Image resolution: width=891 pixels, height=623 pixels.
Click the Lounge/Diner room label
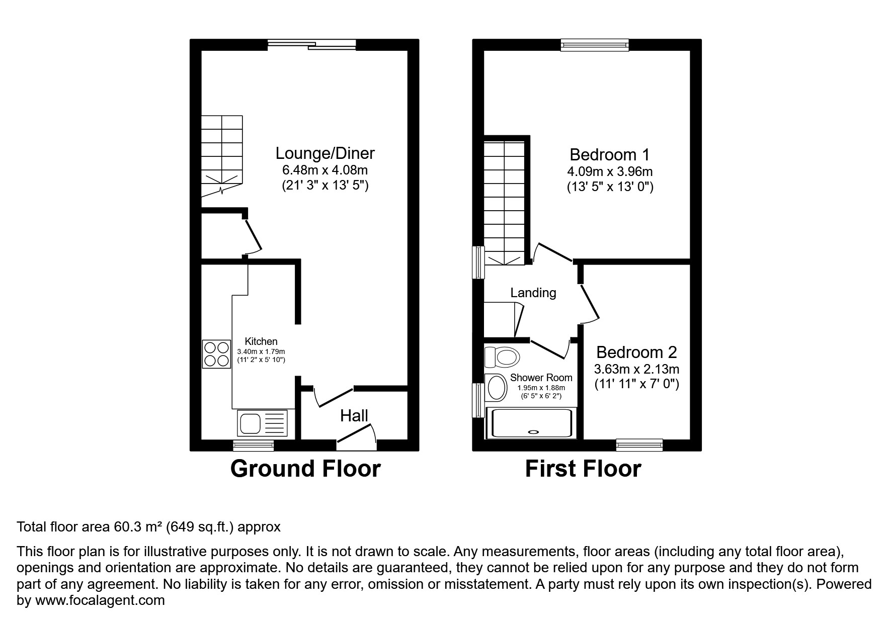click(x=325, y=153)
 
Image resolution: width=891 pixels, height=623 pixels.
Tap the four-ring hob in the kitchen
click(x=216, y=354)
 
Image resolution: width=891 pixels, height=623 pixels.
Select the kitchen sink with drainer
click(x=263, y=423)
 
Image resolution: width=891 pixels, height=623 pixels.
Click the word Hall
click(x=354, y=416)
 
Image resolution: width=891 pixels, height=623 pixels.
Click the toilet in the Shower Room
click(x=502, y=358)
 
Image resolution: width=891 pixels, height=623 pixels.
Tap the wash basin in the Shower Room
click(x=496, y=387)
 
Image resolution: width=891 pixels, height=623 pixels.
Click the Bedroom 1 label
click(x=609, y=154)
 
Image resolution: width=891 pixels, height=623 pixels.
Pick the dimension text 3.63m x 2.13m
click(x=636, y=369)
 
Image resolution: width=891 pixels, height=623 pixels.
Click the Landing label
click(x=533, y=293)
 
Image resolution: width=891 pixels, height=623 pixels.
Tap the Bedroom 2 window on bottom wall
click(x=639, y=444)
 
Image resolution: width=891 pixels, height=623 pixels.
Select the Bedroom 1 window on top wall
click(x=595, y=45)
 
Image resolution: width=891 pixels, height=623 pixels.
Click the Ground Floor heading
click(x=305, y=469)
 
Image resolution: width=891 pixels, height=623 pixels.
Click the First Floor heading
click(x=583, y=469)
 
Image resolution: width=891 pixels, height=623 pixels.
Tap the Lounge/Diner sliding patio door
click(x=312, y=45)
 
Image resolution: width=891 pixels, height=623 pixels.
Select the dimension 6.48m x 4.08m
click(x=325, y=170)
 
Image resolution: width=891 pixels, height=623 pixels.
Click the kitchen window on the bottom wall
click(x=254, y=444)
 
